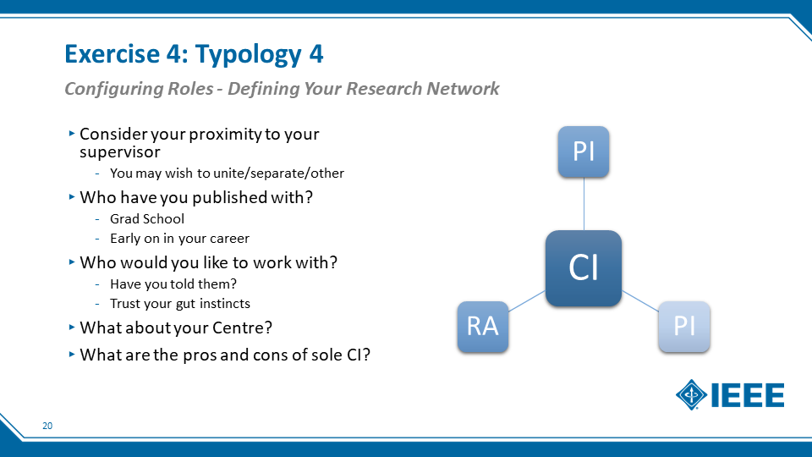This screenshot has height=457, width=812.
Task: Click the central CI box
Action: [x=583, y=268]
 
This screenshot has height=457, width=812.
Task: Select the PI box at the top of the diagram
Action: [x=583, y=151]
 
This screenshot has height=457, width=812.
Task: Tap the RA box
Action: [x=483, y=327]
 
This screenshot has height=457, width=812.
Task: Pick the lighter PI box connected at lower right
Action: [x=684, y=327]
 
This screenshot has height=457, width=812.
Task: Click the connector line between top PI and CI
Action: [x=584, y=204]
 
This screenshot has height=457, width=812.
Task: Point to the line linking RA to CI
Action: [x=527, y=301]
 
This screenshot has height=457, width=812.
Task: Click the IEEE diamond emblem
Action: [x=691, y=395]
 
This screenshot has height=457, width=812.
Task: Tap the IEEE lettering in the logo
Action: [x=748, y=395]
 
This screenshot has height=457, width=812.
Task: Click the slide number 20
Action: [x=47, y=426]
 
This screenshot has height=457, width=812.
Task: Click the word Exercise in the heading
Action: [x=112, y=53]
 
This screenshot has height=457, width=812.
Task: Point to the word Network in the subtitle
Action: [x=463, y=89]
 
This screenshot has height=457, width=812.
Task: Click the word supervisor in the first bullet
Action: [x=119, y=152]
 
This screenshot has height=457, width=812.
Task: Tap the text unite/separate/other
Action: [x=278, y=173]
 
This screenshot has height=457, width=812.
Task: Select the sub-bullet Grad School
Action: [x=147, y=218]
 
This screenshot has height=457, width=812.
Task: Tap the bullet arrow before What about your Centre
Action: [x=72, y=328]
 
